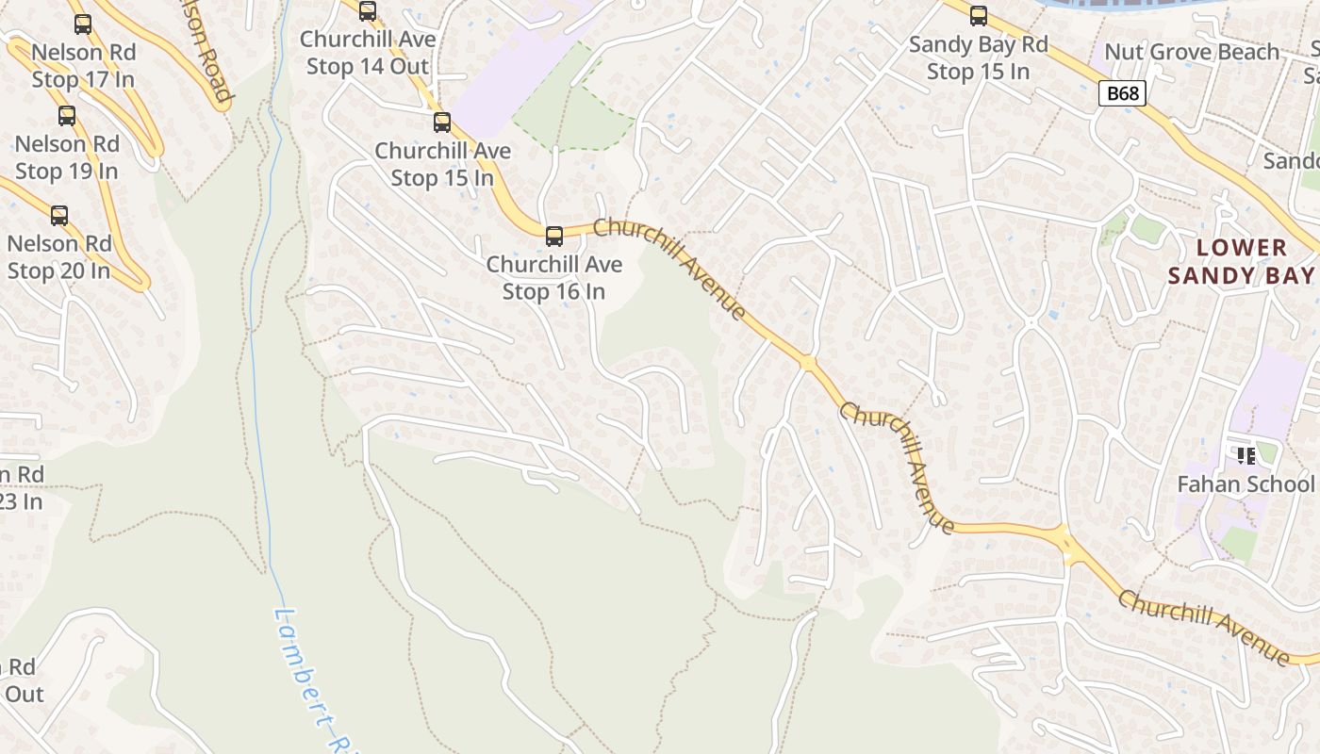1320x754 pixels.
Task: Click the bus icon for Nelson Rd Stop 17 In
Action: click(x=83, y=25)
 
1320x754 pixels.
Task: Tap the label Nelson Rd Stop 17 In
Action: click(x=83, y=66)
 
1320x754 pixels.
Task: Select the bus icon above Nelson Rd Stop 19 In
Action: click(x=67, y=116)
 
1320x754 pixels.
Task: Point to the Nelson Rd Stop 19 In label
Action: click(x=67, y=157)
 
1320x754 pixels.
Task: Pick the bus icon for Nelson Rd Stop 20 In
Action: click(x=59, y=216)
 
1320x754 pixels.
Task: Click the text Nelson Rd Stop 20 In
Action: click(x=58, y=257)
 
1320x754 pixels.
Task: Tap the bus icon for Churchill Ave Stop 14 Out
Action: click(x=368, y=11)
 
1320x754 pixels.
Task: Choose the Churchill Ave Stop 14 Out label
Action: click(x=368, y=53)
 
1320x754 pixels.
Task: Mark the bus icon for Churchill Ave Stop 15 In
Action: click(x=442, y=123)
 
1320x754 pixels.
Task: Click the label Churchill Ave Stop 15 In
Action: click(x=442, y=164)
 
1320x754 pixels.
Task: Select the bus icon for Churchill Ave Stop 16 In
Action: click(x=554, y=237)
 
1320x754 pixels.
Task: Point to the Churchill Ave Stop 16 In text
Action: click(x=554, y=278)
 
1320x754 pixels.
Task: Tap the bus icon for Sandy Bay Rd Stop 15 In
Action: click(x=979, y=16)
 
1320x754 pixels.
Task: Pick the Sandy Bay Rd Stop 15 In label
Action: click(x=979, y=57)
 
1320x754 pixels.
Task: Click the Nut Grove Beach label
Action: click(x=1192, y=52)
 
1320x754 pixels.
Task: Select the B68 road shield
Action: click(x=1122, y=93)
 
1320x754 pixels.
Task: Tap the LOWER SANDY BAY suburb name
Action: click(x=1241, y=261)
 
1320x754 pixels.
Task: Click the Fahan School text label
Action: click(x=1245, y=484)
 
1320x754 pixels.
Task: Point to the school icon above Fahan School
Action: click(x=1246, y=456)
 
